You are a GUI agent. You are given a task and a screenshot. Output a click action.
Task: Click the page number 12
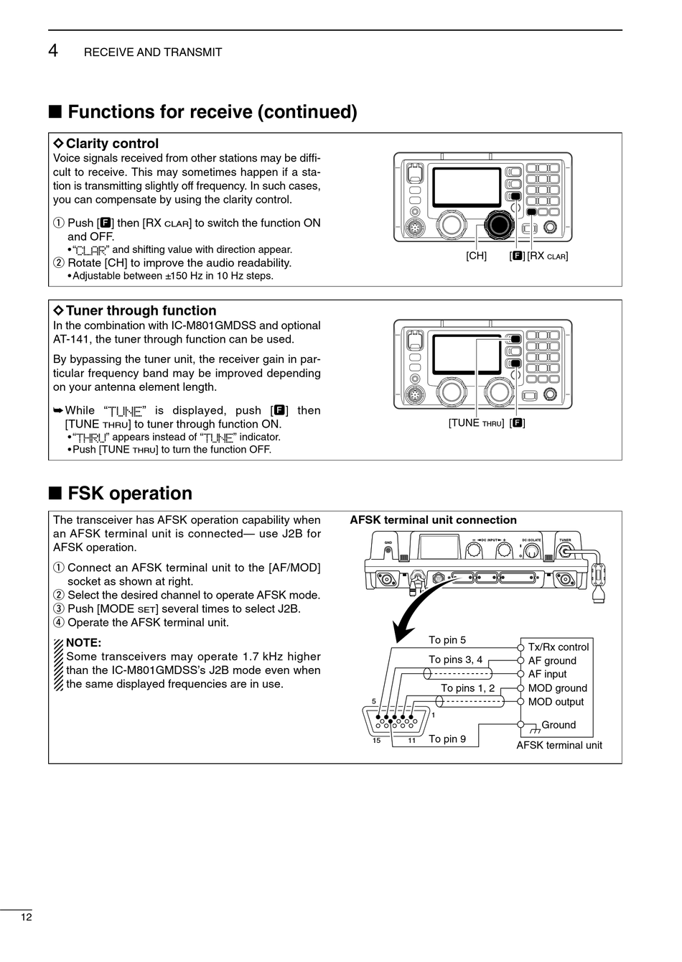(x=26, y=917)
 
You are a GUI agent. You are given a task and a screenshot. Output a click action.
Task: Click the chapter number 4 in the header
(x=54, y=51)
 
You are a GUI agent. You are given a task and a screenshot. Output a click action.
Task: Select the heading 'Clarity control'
(x=111, y=144)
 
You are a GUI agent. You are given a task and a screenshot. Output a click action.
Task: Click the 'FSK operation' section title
(x=130, y=494)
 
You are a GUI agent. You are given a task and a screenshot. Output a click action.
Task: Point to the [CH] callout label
(x=476, y=256)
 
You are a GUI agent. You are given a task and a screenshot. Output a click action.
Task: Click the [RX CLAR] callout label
(x=547, y=256)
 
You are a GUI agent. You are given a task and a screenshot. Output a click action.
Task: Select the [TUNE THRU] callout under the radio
(x=476, y=423)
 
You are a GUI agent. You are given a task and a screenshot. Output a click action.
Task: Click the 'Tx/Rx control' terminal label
(x=558, y=647)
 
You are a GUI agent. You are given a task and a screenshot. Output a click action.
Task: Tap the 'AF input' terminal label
(x=547, y=674)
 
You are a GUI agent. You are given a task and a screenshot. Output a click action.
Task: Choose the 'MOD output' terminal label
(x=556, y=702)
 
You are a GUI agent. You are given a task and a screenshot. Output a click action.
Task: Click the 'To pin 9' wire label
(x=447, y=739)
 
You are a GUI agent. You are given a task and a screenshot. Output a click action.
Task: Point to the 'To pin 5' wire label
(x=447, y=640)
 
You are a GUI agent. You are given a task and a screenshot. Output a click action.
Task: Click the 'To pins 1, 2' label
(x=467, y=688)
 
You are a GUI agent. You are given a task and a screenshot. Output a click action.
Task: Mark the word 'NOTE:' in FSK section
(x=83, y=642)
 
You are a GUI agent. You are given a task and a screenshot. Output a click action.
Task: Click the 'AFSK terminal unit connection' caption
(x=433, y=520)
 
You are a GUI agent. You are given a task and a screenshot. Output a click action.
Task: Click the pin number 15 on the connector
(x=376, y=741)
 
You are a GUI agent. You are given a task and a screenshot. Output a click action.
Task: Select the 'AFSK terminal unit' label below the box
(x=559, y=745)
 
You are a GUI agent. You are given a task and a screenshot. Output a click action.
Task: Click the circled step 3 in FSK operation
(x=59, y=609)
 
